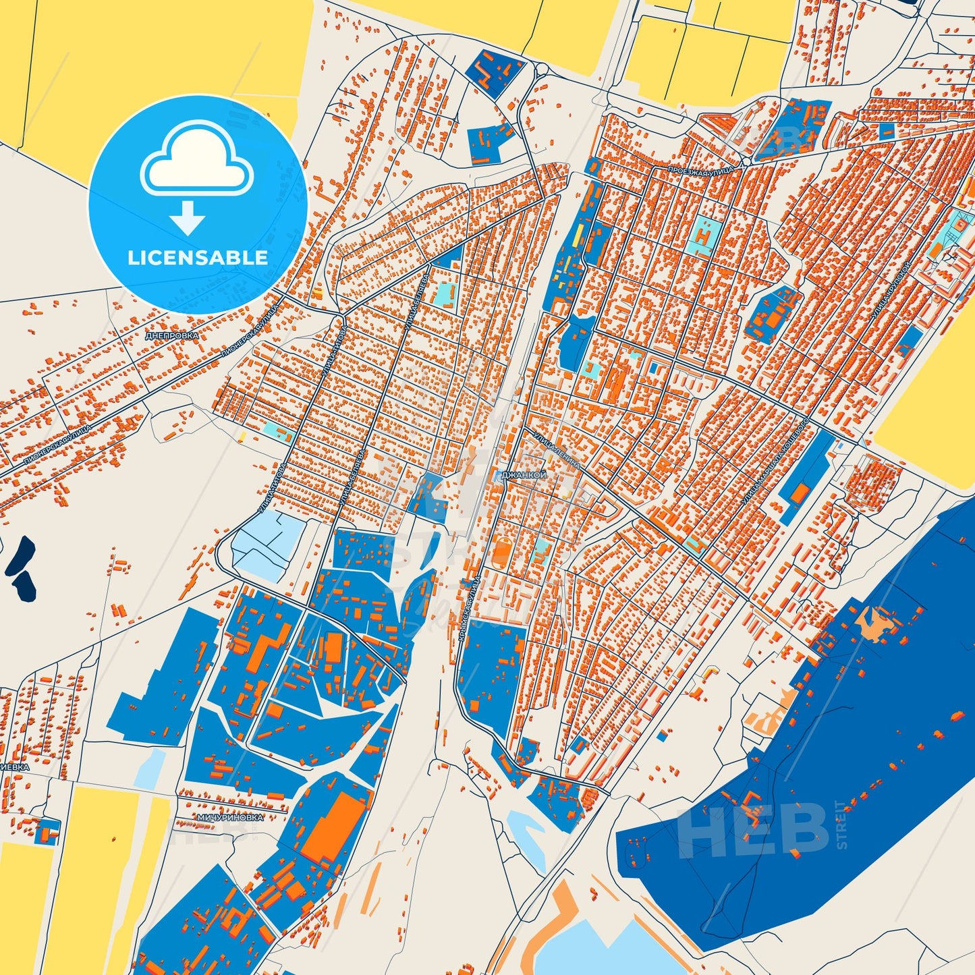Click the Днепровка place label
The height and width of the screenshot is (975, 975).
click(x=172, y=335)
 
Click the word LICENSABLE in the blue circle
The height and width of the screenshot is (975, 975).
click(x=198, y=258)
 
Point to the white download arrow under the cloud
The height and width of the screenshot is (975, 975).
click(x=188, y=217)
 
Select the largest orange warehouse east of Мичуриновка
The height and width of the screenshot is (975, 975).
click(x=333, y=828)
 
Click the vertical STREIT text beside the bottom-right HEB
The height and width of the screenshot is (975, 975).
click(x=841, y=824)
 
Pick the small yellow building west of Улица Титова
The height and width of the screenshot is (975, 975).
click(x=242, y=437)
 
